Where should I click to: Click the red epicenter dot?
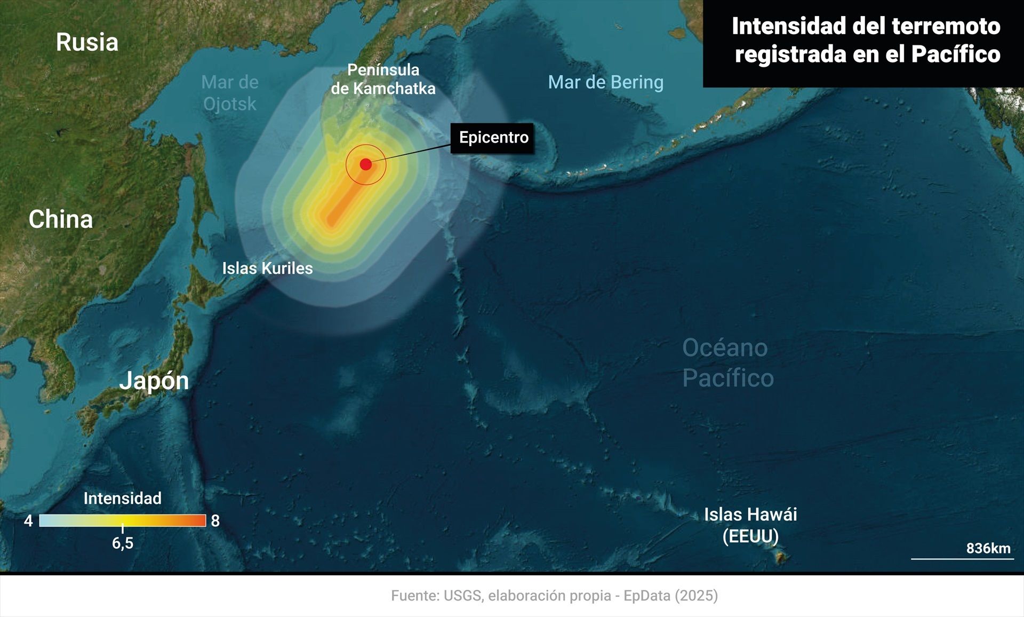[x=366, y=164]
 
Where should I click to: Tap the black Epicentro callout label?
[x=493, y=138]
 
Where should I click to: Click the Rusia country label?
[x=87, y=42]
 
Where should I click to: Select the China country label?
[x=61, y=219]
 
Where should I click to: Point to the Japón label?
[x=154, y=381]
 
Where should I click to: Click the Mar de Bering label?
[x=605, y=82]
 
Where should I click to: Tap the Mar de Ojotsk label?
[x=230, y=93]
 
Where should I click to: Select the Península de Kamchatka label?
[x=383, y=79]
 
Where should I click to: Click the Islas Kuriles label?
[x=267, y=268]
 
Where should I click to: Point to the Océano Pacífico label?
[x=727, y=363]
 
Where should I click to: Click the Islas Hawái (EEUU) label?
[x=750, y=525]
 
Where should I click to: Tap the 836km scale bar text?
[x=988, y=548]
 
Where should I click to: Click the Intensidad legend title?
[x=122, y=498]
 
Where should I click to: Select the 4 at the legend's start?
[x=28, y=521]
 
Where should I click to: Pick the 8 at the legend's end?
[x=215, y=521]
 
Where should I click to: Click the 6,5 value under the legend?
[x=122, y=543]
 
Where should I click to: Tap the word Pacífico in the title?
[x=955, y=54]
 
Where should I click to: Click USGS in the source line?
[x=462, y=596]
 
